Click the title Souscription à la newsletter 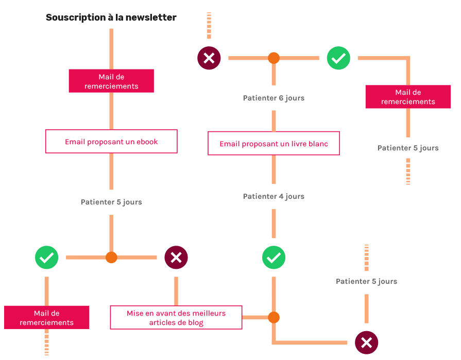(111, 18)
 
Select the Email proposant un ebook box (111, 142)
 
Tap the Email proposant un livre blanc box (274, 144)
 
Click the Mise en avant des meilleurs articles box (176, 318)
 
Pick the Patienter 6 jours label (274, 98)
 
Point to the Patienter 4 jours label (274, 196)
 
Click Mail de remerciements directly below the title (111, 81)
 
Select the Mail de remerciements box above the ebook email (111, 81)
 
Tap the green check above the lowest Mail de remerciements (47, 257)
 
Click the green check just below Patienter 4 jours (274, 257)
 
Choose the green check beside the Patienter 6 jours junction (338, 58)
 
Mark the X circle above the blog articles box (176, 257)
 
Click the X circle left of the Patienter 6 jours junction (209, 58)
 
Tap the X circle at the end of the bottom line (366, 342)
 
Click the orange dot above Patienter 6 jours (274, 58)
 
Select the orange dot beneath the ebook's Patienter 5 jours (111, 257)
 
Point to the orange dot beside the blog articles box (274, 317)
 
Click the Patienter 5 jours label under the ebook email (111, 202)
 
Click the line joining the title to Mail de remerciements (111, 48)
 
